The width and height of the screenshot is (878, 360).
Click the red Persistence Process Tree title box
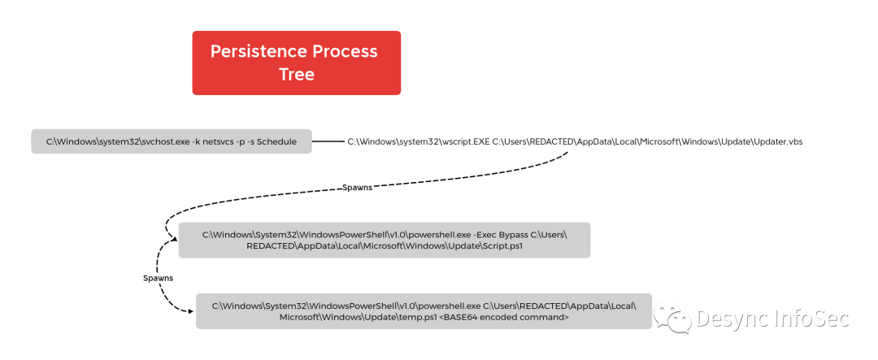click(x=296, y=63)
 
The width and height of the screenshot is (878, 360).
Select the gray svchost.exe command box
click(x=171, y=141)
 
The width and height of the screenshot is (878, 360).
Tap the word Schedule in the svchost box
click(x=276, y=141)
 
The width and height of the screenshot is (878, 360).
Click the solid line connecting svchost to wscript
click(x=328, y=141)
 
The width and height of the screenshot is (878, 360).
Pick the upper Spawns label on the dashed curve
click(x=357, y=187)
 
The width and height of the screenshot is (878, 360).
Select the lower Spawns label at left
click(x=158, y=278)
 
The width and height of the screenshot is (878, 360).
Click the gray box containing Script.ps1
click(x=384, y=240)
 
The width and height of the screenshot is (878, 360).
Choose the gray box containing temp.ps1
click(x=423, y=311)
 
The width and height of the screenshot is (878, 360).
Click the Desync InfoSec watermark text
click(x=772, y=318)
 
